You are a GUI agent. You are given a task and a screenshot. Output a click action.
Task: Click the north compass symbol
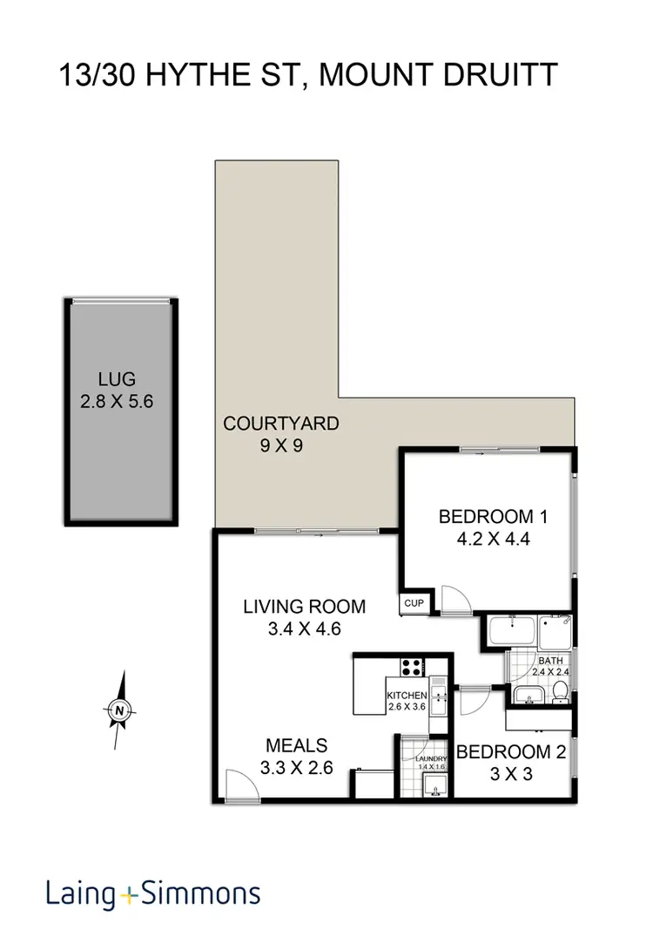coord(119,710)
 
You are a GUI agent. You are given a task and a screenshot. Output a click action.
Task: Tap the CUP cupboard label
coord(413,602)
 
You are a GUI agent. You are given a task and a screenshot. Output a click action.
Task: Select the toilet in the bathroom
coord(561,691)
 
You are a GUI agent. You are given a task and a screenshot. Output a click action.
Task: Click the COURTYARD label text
coord(280,425)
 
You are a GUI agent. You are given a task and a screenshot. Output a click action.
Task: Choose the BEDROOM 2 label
coord(510,751)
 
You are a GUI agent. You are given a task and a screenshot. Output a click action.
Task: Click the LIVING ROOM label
coord(304,607)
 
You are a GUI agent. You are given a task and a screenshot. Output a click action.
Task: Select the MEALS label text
coord(296,745)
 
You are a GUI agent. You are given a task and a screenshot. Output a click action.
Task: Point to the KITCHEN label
coord(407,695)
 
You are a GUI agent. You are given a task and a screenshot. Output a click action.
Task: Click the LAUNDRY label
coord(430,759)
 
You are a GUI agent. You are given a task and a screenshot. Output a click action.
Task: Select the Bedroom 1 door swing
coord(454,599)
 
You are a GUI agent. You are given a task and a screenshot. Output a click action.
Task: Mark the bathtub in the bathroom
coord(510,631)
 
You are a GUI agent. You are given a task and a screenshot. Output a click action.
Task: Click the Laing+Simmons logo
coord(153,893)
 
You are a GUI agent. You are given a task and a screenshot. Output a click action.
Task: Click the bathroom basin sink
coord(526,695)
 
